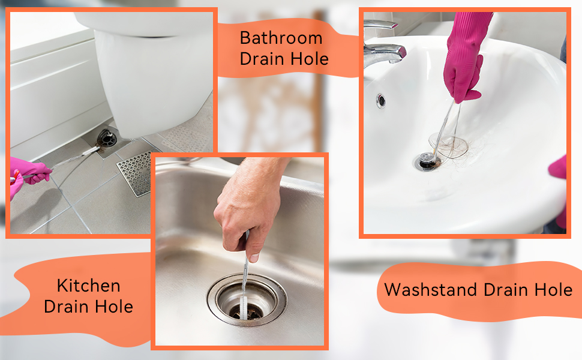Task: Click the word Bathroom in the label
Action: tap(281, 38)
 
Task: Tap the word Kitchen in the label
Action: tap(89, 286)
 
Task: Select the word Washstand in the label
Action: tap(430, 289)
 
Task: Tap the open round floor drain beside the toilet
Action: tap(107, 139)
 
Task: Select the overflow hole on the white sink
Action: tap(381, 100)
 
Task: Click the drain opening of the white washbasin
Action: tap(427, 162)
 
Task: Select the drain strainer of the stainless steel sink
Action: tap(247, 299)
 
